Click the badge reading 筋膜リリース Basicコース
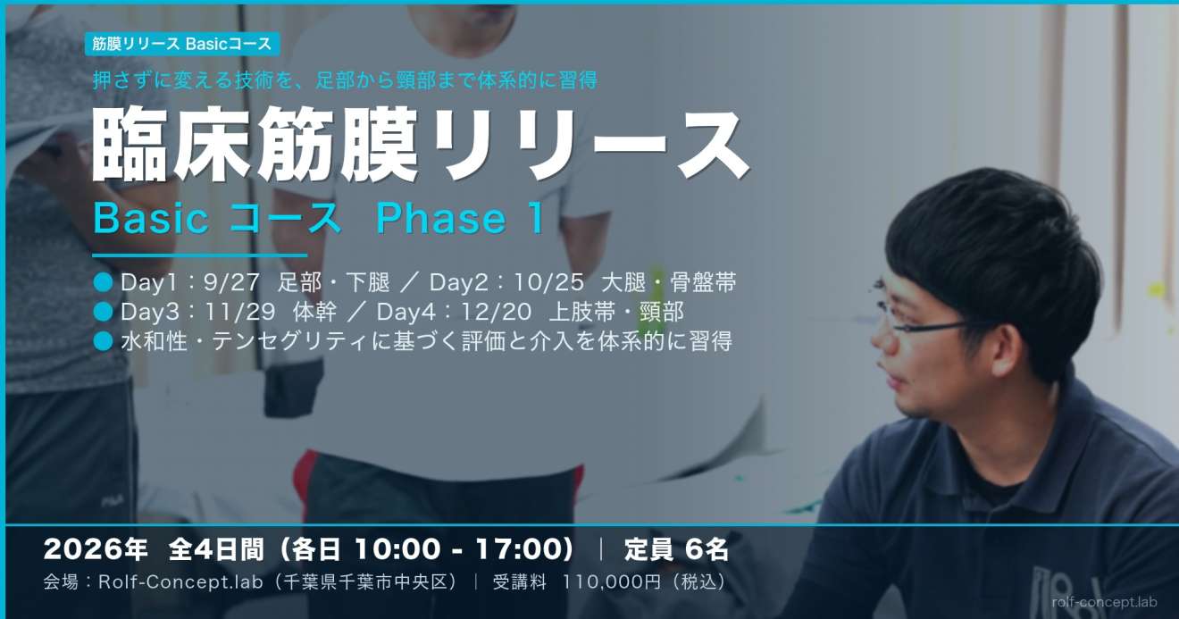[182, 45]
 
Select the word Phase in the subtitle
[441, 219]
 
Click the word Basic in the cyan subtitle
[151, 219]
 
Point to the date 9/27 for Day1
[231, 282]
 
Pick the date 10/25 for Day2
[549, 282]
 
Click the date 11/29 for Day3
[239, 312]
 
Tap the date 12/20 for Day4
[497, 312]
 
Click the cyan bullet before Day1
[104, 282]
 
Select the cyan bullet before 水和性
[104, 341]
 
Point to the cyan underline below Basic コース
[199, 255]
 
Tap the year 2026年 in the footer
[96, 549]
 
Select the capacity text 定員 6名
[676, 549]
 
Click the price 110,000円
[612, 582]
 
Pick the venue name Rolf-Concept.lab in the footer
[180, 582]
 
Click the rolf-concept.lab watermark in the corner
[1105, 602]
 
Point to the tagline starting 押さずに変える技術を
[346, 80]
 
